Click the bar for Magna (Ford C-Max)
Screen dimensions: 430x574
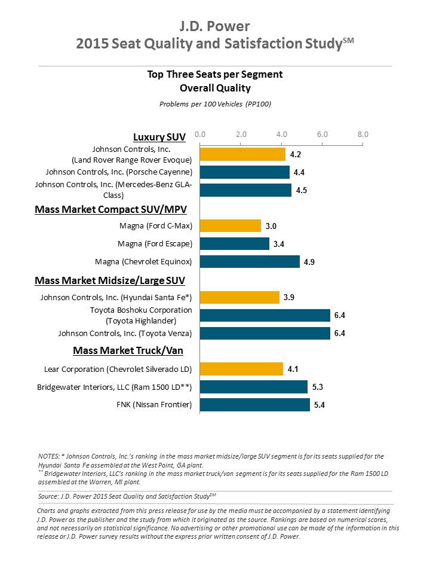231,226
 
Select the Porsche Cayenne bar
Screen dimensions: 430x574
245,172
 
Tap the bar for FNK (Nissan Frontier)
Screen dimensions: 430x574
255,405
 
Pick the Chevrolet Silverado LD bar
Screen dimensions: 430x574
241,369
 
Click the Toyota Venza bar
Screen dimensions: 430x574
265,333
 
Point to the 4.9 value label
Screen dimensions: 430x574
309,262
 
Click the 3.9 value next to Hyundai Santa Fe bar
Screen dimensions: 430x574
289,297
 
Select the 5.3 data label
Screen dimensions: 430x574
317,387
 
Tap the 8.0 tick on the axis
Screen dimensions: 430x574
363,135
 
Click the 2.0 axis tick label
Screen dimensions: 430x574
241,135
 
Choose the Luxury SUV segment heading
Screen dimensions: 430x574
159,138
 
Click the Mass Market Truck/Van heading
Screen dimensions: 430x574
128,351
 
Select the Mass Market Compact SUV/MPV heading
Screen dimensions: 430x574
111,209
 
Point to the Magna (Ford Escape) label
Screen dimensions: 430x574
155,244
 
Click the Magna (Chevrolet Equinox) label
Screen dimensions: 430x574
143,262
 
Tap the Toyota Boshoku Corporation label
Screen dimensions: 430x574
141,310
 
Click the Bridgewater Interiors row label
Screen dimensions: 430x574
115,387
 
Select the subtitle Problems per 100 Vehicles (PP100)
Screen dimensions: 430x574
215,104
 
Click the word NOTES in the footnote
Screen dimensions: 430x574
48,456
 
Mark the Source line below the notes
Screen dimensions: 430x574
127,496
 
